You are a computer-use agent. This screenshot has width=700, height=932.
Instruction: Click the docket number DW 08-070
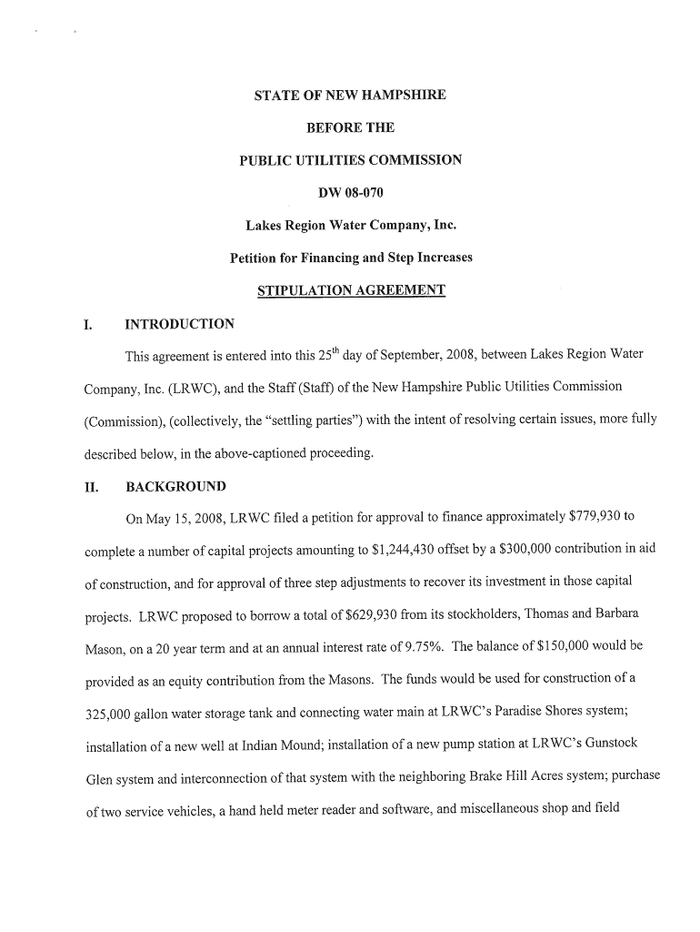point(350,192)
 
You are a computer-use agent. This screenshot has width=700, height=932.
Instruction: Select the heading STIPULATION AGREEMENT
point(351,290)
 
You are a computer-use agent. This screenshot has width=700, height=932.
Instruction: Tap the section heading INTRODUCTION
point(179,324)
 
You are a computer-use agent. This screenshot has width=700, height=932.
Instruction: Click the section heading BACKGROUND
point(175,486)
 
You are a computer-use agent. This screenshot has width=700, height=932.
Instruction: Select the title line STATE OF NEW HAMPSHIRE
point(350,95)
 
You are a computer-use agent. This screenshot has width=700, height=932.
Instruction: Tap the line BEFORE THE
point(350,127)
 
